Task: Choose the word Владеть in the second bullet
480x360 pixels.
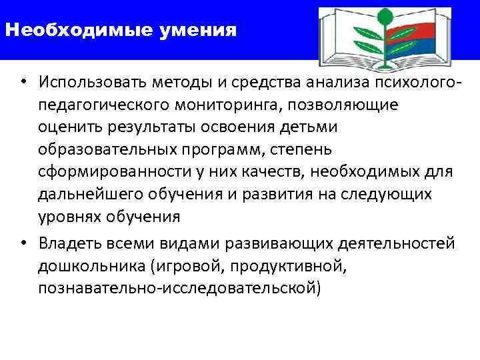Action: point(69,243)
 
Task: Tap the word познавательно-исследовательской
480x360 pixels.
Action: point(179,288)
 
